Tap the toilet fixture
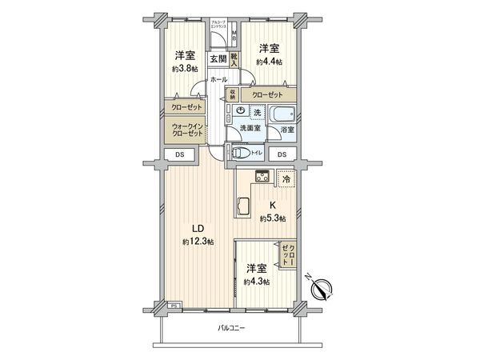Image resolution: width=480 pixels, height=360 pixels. pos(239,154)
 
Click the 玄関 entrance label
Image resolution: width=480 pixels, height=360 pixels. pos(218,58)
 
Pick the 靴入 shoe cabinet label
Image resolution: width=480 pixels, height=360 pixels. pos(234,58)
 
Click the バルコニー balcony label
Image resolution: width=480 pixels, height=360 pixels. pos(232,328)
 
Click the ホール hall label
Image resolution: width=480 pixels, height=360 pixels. pos(218,79)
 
